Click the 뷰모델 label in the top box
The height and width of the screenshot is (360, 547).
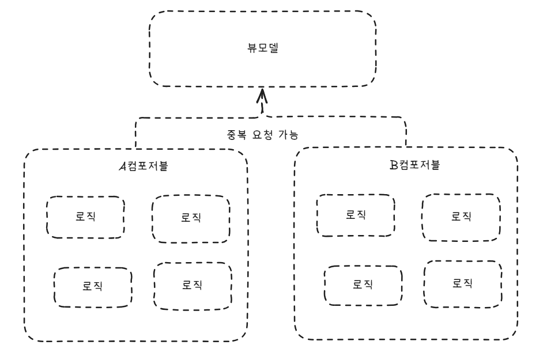(262, 49)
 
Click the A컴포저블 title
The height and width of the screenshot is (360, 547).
(144, 166)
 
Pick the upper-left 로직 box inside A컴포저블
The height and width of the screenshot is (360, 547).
(85, 217)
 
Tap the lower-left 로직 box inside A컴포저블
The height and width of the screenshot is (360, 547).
(92, 286)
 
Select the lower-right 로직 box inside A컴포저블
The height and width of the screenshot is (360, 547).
(193, 285)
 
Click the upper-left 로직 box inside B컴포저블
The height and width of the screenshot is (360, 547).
(356, 215)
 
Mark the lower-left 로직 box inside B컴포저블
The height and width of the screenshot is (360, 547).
(361, 285)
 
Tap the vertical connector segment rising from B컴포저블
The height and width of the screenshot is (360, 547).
(405, 134)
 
